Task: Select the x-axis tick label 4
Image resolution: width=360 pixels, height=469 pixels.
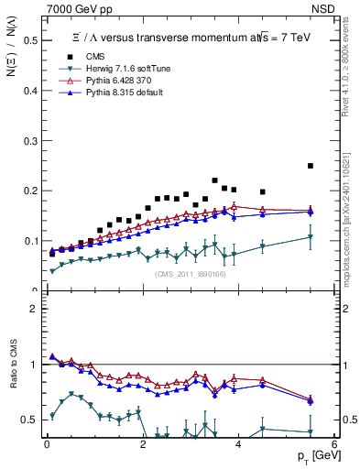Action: [238, 444]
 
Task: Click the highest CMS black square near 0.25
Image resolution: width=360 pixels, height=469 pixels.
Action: [311, 166]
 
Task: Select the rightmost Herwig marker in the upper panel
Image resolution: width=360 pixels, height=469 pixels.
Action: [311, 237]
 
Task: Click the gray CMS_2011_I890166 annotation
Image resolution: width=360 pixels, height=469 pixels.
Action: [191, 274]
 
